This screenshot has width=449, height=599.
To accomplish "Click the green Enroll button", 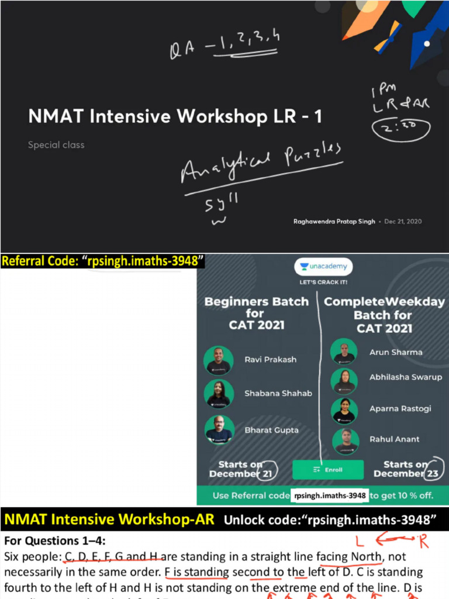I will tap(327, 469).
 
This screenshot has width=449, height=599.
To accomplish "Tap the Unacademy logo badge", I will tap(323, 267).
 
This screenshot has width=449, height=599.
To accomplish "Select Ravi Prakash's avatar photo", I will tap(219, 360).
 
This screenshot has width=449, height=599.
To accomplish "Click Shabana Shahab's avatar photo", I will tap(219, 394).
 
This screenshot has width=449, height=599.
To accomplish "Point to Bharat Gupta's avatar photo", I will tap(219, 430).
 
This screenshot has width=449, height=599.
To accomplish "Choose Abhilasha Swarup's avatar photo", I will tap(344, 380).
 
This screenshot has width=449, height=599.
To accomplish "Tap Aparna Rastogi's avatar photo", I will tap(344, 411).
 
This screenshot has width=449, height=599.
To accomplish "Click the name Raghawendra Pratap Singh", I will tap(334, 222).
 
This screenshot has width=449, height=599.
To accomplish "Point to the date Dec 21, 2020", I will tap(403, 222).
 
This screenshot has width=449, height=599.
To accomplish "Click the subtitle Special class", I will tap(56, 144).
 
